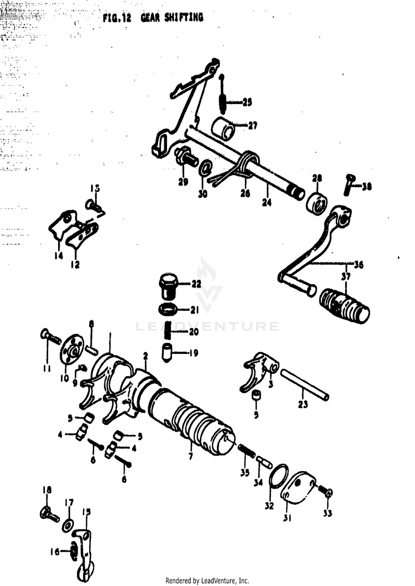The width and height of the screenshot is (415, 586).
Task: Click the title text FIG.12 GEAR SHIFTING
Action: (x=153, y=18)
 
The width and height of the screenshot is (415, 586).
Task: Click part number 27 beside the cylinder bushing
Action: (x=252, y=125)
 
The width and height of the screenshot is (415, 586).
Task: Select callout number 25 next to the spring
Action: (x=246, y=102)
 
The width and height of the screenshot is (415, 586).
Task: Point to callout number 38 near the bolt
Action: (x=367, y=187)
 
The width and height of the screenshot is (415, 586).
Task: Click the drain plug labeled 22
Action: (x=168, y=284)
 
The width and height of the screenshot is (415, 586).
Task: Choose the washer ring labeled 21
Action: (x=169, y=308)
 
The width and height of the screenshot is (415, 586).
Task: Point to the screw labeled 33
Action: (x=327, y=493)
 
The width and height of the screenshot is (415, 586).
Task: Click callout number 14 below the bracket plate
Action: (x=58, y=256)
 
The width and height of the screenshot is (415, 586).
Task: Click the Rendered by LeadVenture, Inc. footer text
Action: (x=207, y=580)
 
